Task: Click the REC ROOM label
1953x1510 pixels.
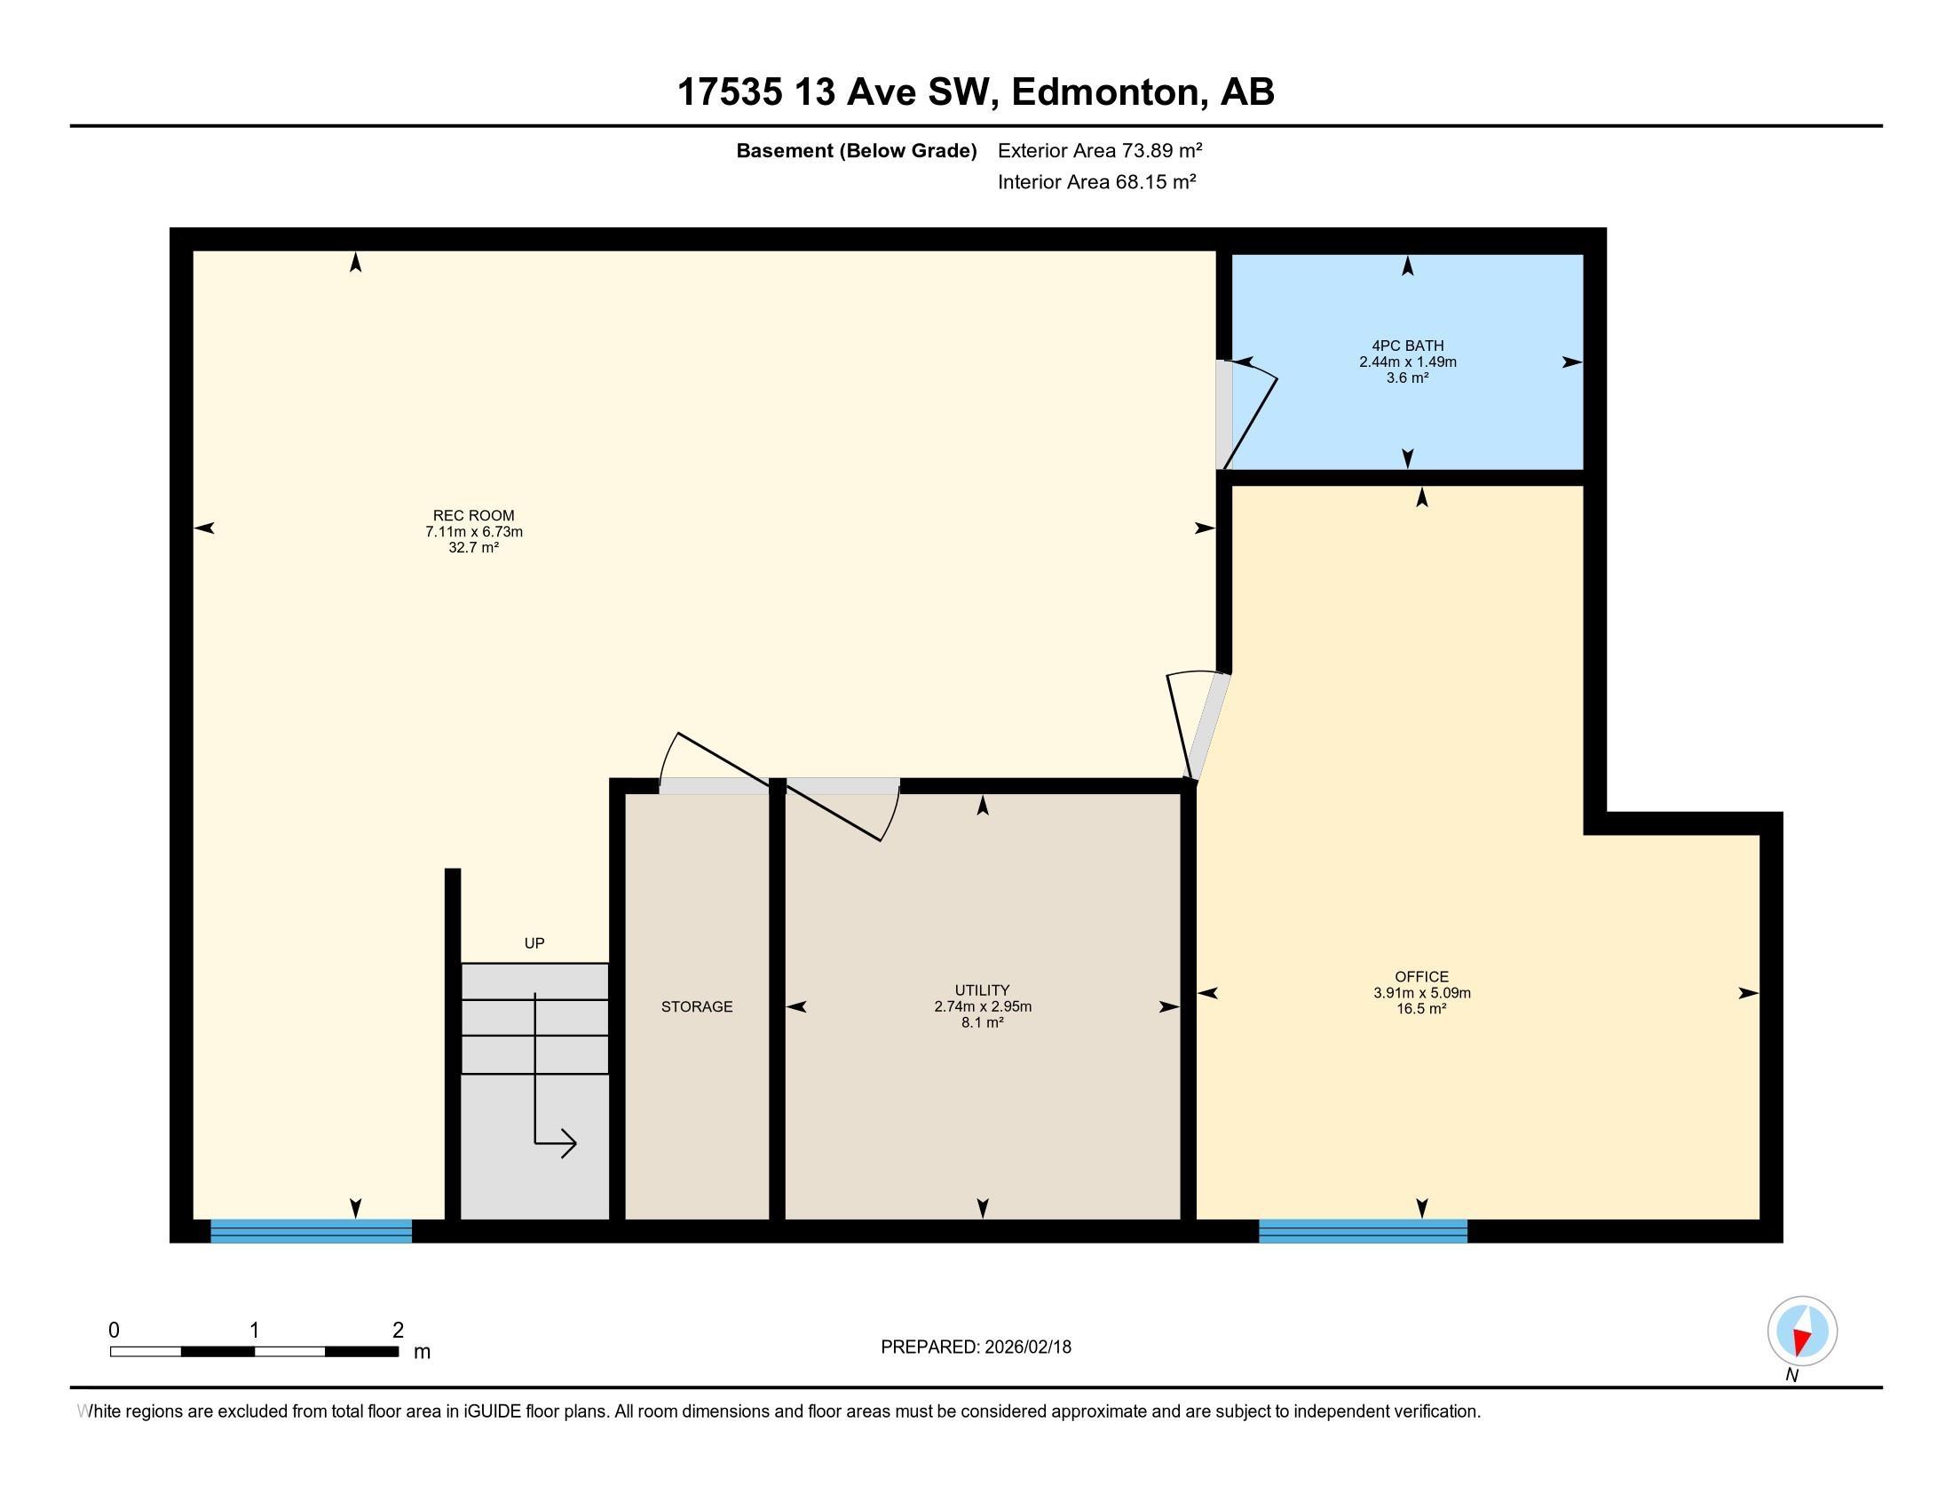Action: tap(473, 515)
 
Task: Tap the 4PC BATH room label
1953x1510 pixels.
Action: tap(1408, 346)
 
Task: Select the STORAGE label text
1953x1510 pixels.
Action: tap(697, 1006)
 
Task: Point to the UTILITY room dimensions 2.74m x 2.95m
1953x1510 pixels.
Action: tap(982, 1006)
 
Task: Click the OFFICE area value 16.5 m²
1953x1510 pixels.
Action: tap(1421, 1008)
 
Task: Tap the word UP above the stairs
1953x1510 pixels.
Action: tap(534, 942)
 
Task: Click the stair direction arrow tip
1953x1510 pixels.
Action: tap(574, 1143)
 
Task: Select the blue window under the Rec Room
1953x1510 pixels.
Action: tap(311, 1231)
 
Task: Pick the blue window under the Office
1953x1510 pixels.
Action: tap(1362, 1231)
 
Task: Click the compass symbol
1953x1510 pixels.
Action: tap(1801, 1331)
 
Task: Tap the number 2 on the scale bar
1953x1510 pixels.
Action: tap(398, 1331)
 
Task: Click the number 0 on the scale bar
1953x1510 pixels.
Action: tap(114, 1331)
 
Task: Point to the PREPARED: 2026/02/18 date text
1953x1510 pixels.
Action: tap(976, 1347)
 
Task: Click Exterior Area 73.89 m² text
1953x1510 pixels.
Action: tap(1099, 150)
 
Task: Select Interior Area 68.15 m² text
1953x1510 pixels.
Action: tap(1096, 181)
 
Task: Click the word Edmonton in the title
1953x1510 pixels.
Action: tap(1104, 91)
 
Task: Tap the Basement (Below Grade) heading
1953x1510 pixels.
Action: tap(856, 150)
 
